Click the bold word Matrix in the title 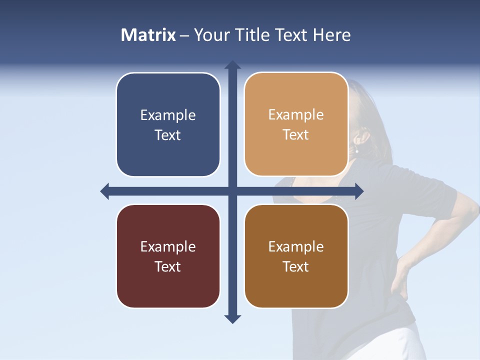(148, 35)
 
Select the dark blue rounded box (168, 124)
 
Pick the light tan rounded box (296, 124)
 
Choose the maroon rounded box (168, 256)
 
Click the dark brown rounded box (296, 256)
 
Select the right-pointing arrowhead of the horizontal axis (358, 191)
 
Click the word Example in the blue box (168, 115)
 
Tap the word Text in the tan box (296, 135)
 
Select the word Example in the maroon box (168, 247)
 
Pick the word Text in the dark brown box (296, 266)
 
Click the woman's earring (357, 150)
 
